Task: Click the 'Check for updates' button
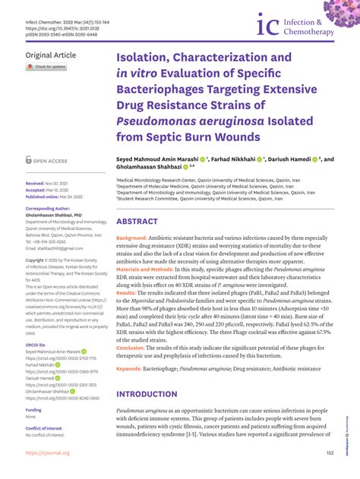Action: [47, 67]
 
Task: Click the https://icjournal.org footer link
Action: [47, 452]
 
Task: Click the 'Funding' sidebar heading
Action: [33, 409]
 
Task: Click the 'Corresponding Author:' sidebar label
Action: [51, 207]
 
